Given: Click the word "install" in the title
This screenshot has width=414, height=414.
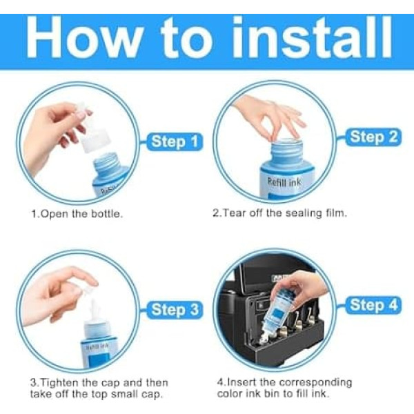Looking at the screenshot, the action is [312, 37].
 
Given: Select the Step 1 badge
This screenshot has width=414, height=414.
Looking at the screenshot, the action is [175, 141].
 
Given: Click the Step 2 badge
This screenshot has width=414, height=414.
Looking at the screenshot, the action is [373, 137].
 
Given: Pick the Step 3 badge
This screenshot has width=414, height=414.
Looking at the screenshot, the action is [175, 310].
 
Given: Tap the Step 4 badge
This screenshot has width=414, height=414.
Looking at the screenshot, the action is [373, 305].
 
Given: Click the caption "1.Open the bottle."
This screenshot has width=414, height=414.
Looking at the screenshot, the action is [77, 214].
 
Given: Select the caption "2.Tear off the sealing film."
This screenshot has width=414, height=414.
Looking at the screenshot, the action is [279, 213].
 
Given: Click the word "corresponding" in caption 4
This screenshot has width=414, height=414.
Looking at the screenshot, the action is [315, 382].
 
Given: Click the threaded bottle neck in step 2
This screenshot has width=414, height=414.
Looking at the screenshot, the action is [287, 150].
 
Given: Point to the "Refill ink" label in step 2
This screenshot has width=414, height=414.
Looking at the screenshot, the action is [284, 182].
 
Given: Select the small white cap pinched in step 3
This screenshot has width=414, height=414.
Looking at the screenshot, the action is [90, 296].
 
